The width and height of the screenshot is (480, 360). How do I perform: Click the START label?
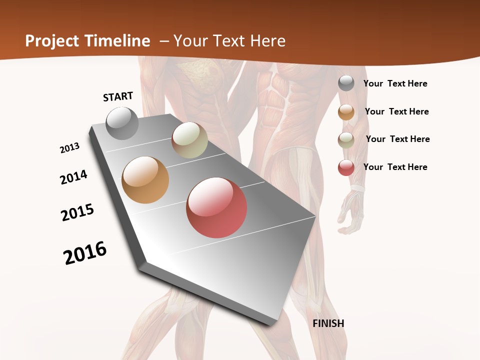tap(118, 96)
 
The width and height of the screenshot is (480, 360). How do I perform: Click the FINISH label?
tap(328, 323)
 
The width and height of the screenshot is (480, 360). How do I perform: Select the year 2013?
tap(70, 148)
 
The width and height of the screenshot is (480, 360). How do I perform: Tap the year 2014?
tap(74, 177)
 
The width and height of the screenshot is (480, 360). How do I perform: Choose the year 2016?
tap(85, 253)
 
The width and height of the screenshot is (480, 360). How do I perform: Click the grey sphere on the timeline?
tap(122, 123)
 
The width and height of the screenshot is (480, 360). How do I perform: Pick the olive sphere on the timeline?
tap(189, 140)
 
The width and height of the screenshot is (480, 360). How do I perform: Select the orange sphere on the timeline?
tap(145, 180)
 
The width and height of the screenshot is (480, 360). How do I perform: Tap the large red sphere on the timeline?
tap(216, 207)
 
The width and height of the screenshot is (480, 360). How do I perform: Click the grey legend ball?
tap(346, 83)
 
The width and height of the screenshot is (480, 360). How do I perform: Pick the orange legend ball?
tap(346, 112)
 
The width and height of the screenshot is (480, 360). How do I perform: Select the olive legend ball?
tap(346, 140)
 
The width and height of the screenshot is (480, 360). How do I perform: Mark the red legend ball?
tap(346, 167)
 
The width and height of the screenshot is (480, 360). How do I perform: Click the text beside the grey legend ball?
tap(395, 84)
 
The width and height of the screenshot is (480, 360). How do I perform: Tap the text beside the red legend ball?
tap(395, 167)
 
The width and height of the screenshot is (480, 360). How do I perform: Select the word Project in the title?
tap(51, 41)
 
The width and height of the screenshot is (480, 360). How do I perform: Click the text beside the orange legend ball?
tap(396, 111)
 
